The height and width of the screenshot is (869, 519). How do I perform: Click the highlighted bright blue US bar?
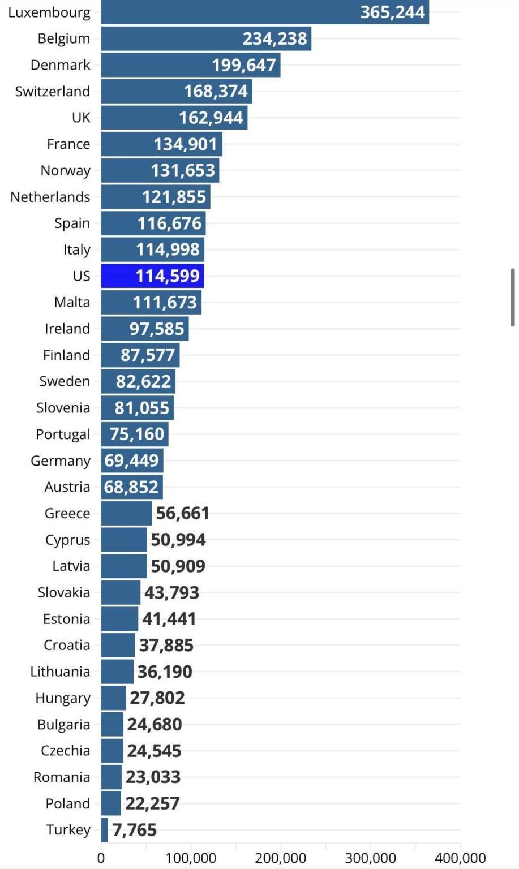pyautogui.click(x=152, y=276)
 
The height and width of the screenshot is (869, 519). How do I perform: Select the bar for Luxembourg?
pyautogui.click(x=264, y=12)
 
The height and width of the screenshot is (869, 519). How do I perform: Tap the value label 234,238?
pyautogui.click(x=274, y=38)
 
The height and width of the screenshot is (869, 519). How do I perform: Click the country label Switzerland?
pyautogui.click(x=53, y=92)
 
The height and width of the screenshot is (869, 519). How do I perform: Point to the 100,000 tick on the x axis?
pyautogui.click(x=191, y=858)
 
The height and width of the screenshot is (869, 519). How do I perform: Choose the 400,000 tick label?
pyautogui.click(x=460, y=858)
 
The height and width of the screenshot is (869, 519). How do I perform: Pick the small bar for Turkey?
pyautogui.click(x=105, y=830)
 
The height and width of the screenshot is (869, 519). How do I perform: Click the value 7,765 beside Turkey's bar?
pyautogui.click(x=134, y=830)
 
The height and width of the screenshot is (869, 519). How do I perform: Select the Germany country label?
pyautogui.click(x=60, y=461)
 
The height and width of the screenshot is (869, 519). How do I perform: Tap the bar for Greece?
pyautogui.click(x=126, y=514)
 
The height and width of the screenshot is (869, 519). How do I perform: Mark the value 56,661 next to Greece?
pyautogui.click(x=182, y=514)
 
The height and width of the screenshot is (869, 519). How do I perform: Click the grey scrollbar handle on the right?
pyautogui.click(x=513, y=298)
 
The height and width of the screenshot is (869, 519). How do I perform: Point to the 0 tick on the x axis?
pyautogui.click(x=101, y=858)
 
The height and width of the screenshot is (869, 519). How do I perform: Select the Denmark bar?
pyautogui.click(x=190, y=65)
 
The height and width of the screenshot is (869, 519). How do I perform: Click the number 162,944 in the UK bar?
pyautogui.click(x=211, y=118)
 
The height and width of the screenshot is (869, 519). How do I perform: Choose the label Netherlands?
pyautogui.click(x=50, y=197)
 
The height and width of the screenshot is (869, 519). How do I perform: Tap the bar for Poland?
pyautogui.click(x=111, y=803)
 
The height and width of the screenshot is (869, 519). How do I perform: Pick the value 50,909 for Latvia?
pyautogui.click(x=178, y=566)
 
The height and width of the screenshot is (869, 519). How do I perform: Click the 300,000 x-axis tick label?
pyautogui.click(x=370, y=858)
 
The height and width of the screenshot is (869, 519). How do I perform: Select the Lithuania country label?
pyautogui.click(x=60, y=672)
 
